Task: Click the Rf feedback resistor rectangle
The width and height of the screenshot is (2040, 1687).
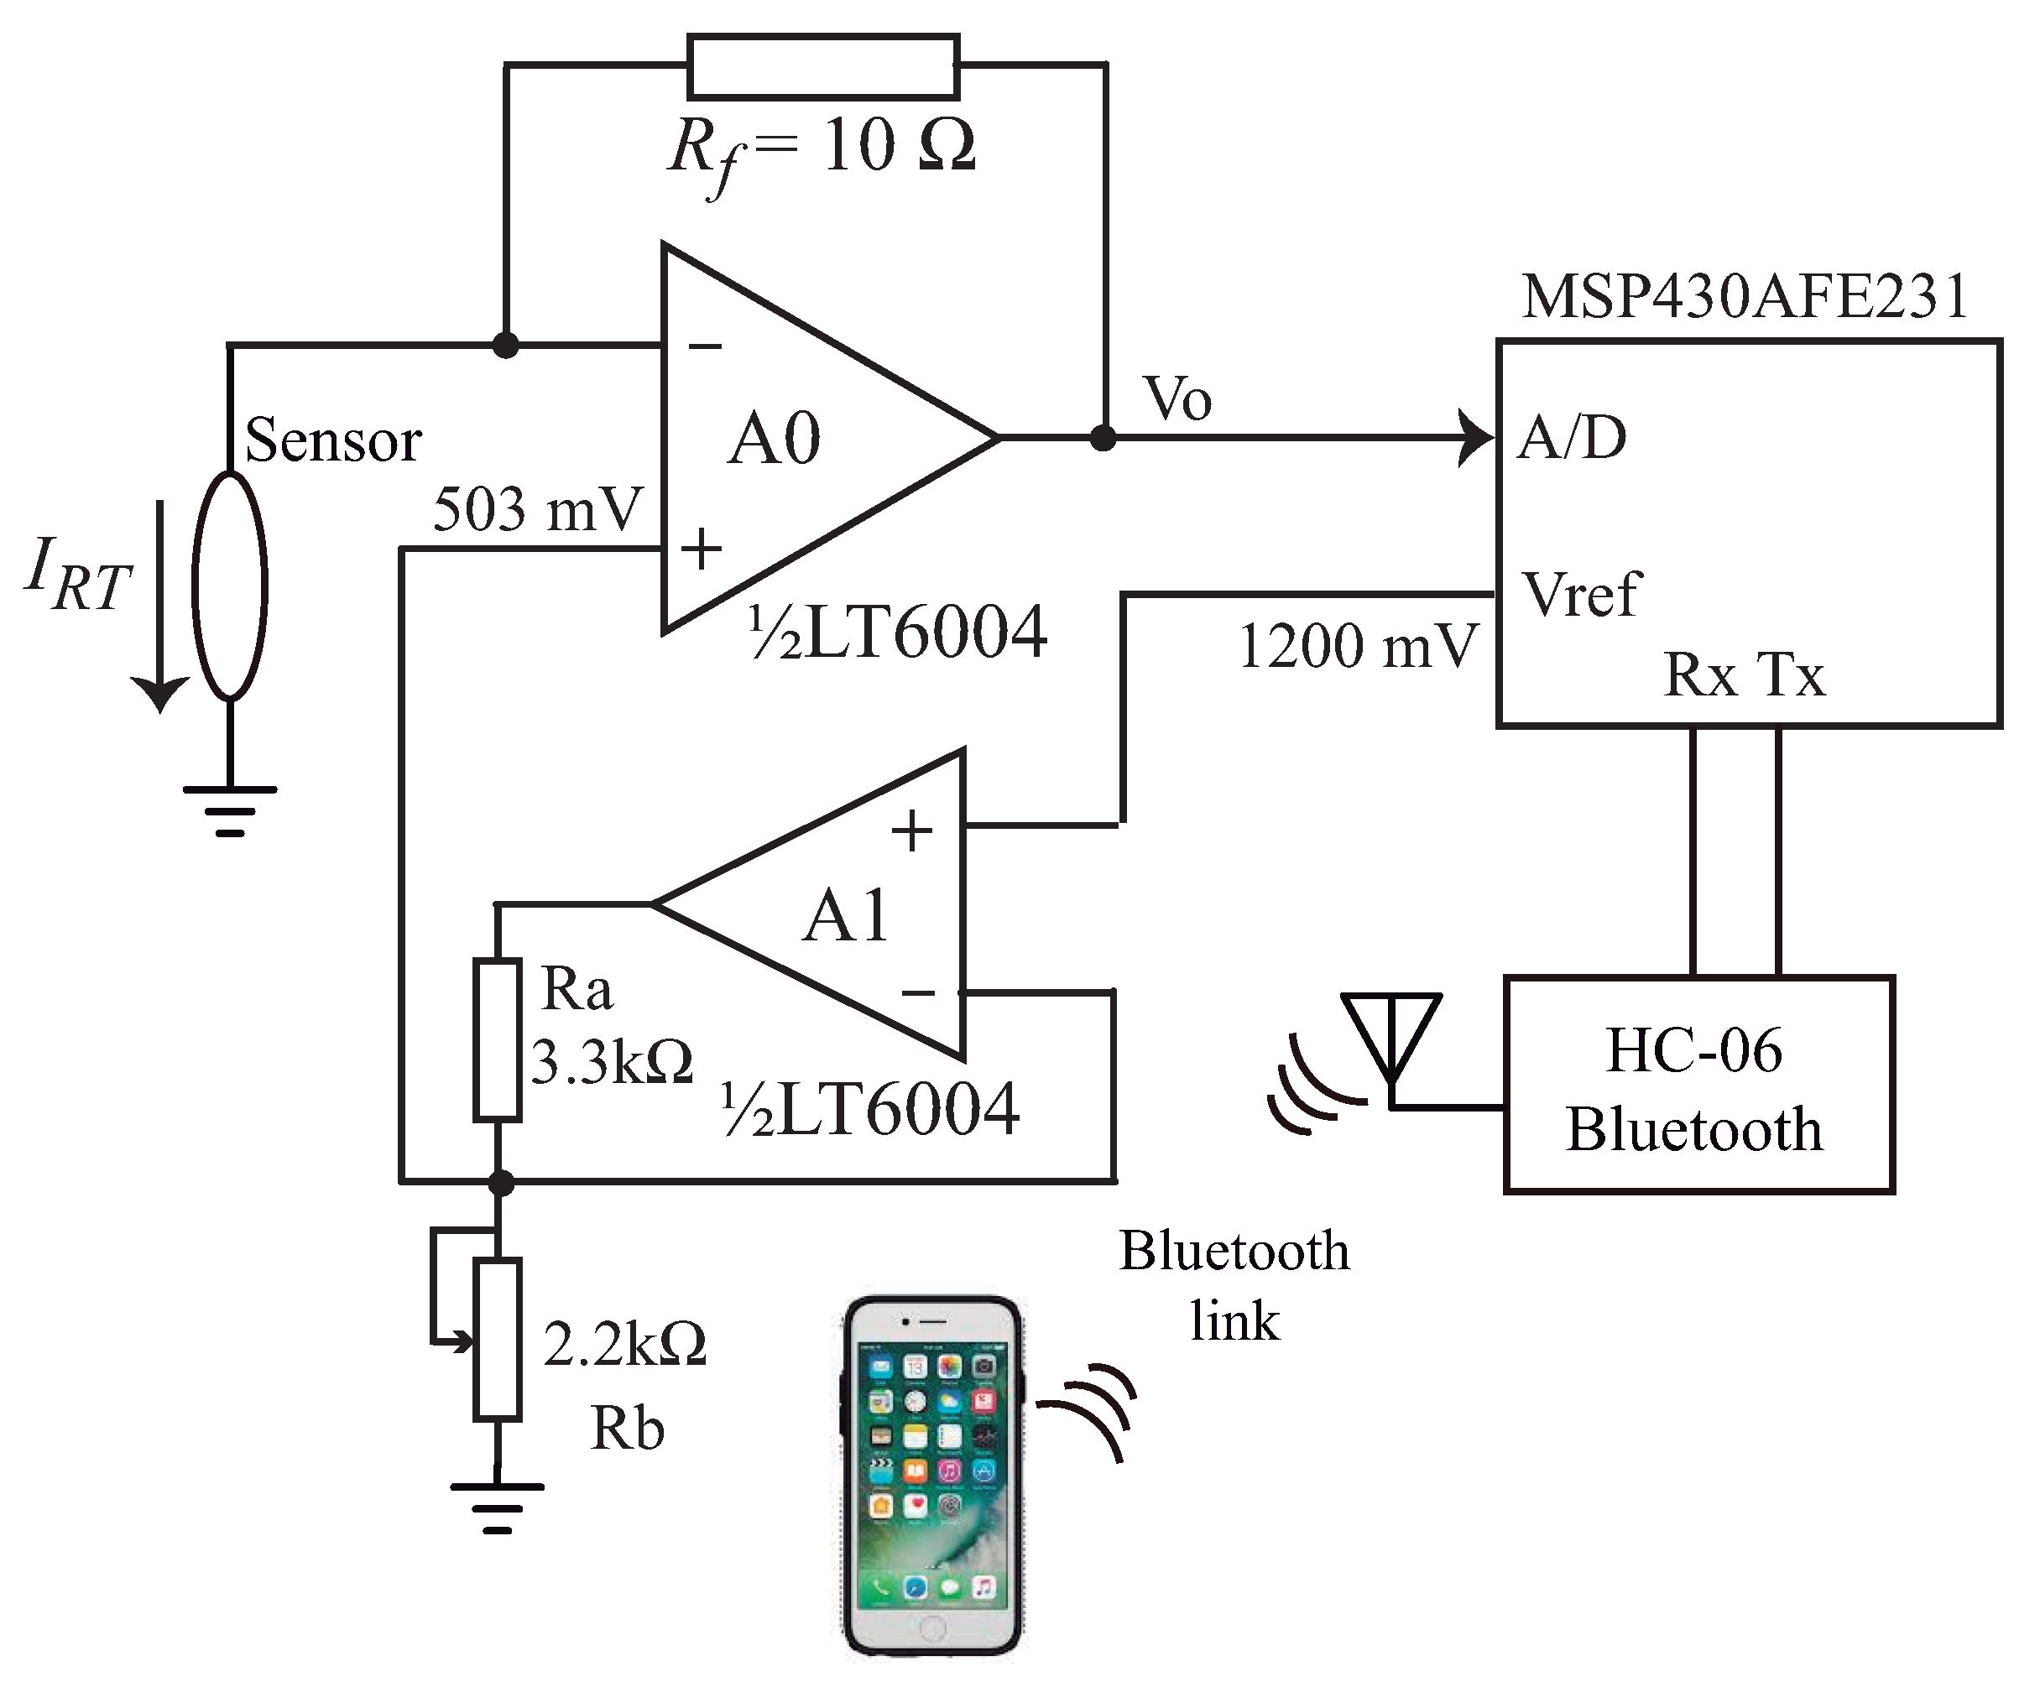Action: click(x=823, y=66)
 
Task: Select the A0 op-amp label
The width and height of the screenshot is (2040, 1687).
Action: click(x=775, y=439)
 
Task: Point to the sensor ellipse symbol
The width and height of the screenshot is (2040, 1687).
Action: click(x=229, y=586)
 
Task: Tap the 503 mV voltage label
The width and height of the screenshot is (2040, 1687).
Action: click(x=537, y=509)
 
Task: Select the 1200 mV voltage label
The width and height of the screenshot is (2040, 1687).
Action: click(x=1357, y=646)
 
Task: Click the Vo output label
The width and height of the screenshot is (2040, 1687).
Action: click(x=1177, y=398)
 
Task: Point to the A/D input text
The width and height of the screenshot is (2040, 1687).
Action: click(x=1573, y=437)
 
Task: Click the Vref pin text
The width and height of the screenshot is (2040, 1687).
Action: click(x=1582, y=595)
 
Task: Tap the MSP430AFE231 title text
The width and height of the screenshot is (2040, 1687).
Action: click(x=1745, y=296)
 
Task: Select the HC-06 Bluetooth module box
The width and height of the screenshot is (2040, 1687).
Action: click(x=1698, y=1085)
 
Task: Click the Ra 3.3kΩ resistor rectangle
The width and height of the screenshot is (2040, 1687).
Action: click(x=497, y=1039)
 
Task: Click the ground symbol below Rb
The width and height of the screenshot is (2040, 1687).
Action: click(x=497, y=1509)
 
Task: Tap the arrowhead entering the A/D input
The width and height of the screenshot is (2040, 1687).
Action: click(x=1478, y=438)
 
